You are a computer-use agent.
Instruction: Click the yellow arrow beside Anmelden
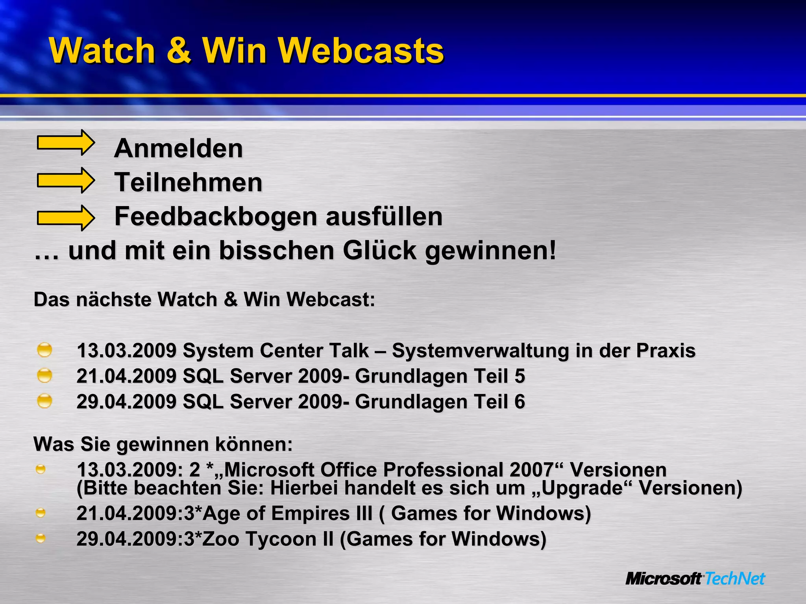click(x=66, y=142)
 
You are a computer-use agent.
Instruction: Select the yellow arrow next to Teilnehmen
click(x=66, y=180)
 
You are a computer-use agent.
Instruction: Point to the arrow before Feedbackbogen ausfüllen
click(x=66, y=218)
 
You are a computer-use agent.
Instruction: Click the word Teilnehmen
click(x=188, y=182)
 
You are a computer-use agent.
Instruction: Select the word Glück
click(x=379, y=250)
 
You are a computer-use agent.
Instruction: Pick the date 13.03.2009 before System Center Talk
click(x=126, y=350)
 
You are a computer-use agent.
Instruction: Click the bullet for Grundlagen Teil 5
click(x=44, y=375)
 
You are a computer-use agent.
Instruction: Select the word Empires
click(x=322, y=513)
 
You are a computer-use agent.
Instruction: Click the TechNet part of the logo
click(x=734, y=578)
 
